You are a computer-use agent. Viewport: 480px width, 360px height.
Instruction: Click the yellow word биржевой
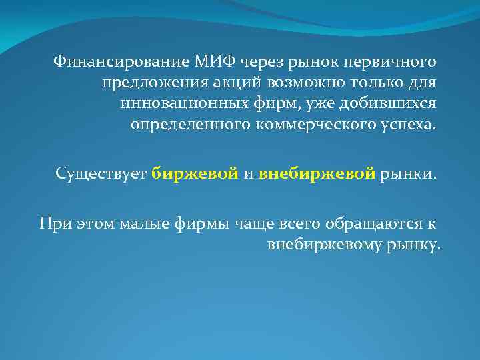[195, 175]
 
